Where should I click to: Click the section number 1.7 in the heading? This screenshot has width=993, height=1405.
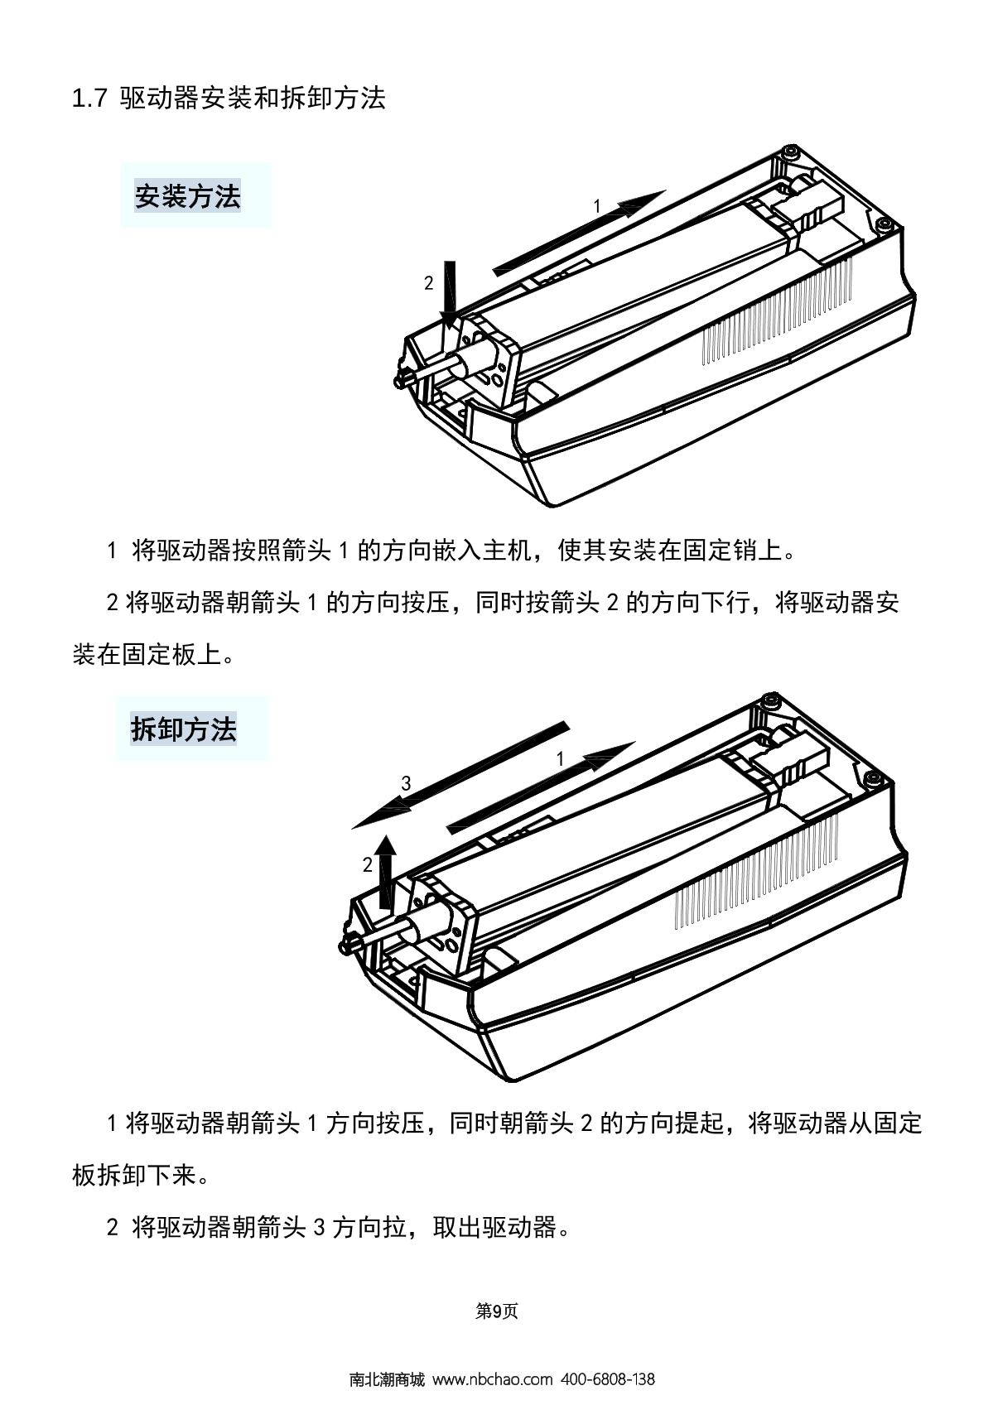pos(89,99)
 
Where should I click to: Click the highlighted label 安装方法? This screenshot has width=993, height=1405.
pos(187,196)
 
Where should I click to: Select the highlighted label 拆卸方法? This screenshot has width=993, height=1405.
pos(184,729)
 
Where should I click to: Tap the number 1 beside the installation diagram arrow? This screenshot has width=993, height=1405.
pos(597,205)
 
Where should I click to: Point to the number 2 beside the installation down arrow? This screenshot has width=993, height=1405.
pos(428,283)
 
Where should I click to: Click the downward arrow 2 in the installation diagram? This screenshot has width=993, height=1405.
pos(450,294)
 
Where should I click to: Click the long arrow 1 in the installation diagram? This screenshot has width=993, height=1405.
pos(578,233)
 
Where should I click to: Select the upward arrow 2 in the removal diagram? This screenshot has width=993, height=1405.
pos(387,872)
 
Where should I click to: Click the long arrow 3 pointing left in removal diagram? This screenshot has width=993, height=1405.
pos(460,775)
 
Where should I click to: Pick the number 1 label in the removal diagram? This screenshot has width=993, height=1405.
pos(560,759)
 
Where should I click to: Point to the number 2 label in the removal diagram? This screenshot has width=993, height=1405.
pos(368,865)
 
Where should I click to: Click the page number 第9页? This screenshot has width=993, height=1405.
pos(497,1311)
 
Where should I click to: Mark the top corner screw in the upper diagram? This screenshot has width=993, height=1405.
pos(790,152)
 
